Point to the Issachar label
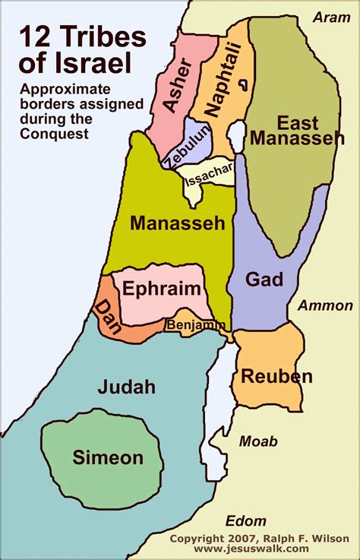(x=206, y=176)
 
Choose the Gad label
(x=264, y=279)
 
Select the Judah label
(x=126, y=387)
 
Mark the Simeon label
(x=108, y=457)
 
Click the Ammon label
(x=324, y=306)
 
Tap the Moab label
(x=258, y=441)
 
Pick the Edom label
(x=246, y=520)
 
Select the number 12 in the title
(x=37, y=37)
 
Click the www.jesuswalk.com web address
(x=251, y=549)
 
